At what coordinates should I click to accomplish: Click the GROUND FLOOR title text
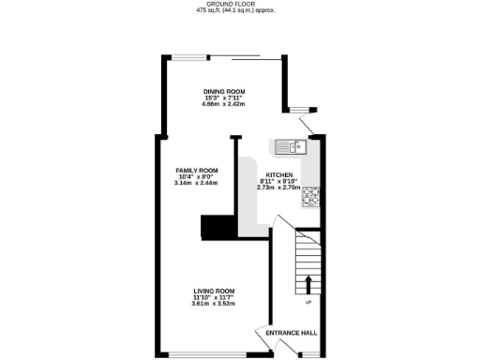[239, 5]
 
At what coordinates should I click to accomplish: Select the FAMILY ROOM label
[196, 170]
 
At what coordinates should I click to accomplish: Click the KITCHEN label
[280, 175]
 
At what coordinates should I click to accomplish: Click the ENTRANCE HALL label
[291, 335]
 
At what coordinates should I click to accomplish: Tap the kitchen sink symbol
[291, 146]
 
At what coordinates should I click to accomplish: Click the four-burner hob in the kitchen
[309, 196]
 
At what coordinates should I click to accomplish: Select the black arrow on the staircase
[308, 284]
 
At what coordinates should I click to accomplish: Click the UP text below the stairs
[308, 302]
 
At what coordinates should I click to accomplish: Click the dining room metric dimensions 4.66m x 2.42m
[224, 103]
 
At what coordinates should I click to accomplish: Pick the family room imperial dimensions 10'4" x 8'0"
[196, 176]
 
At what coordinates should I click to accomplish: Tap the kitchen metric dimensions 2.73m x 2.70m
[279, 187]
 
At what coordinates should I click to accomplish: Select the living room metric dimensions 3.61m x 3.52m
[213, 304]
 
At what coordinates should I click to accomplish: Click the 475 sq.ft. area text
[239, 11]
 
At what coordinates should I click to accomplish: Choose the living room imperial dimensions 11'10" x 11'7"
[213, 297]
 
